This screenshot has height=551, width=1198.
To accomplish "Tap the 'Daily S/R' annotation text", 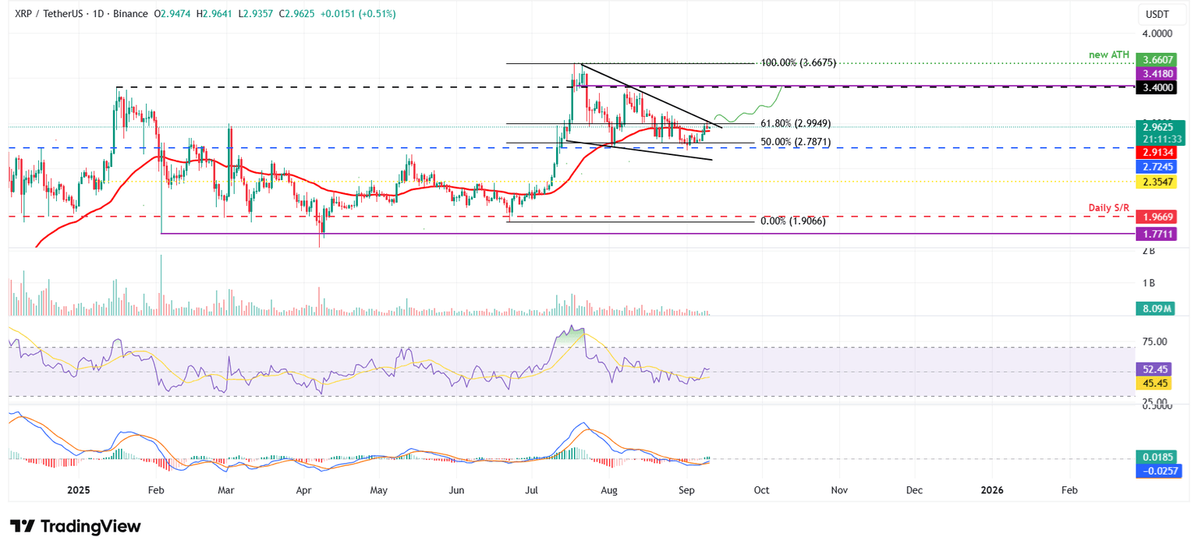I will pyautogui.click(x=1110, y=207).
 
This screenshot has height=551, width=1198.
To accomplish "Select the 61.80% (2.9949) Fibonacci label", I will pyautogui.click(x=796, y=123).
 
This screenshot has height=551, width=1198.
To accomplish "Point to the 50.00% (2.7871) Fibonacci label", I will pyautogui.click(x=796, y=143).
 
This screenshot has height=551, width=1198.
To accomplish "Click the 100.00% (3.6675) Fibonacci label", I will pyautogui.click(x=799, y=63).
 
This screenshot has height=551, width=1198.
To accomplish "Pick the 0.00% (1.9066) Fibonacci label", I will pyautogui.click(x=792, y=221).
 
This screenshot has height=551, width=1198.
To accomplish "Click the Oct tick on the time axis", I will pyautogui.click(x=762, y=490).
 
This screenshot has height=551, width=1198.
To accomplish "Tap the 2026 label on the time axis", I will pyautogui.click(x=992, y=490).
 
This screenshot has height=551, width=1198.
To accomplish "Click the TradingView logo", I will pyautogui.click(x=76, y=527).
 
